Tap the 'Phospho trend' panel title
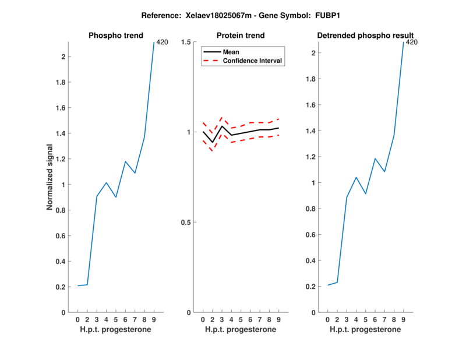(x=115, y=36)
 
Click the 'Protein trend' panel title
(x=241, y=36)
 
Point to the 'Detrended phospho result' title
(x=365, y=36)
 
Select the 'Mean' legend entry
(x=231, y=52)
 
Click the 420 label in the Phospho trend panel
(x=162, y=42)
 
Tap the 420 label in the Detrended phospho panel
(x=412, y=42)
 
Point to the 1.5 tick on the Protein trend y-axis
(x=186, y=42)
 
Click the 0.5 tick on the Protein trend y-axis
(x=186, y=223)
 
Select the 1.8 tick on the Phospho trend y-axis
(x=61, y=82)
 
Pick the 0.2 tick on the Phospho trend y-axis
(x=61, y=287)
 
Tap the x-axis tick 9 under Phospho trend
(x=153, y=320)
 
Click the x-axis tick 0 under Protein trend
(x=203, y=320)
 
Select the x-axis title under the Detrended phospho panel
(x=365, y=330)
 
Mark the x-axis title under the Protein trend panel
(x=241, y=330)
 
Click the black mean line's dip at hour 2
(x=212, y=142)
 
